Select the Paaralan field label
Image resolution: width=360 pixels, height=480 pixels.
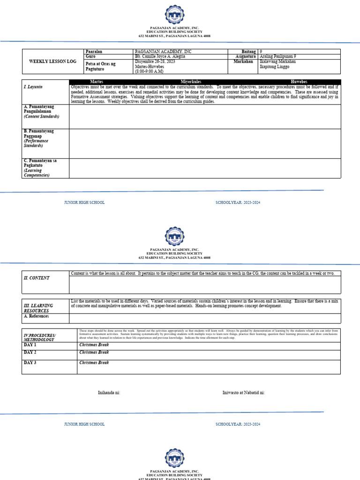tap(94, 51)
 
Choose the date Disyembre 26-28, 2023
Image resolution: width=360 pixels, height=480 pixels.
tap(155, 61)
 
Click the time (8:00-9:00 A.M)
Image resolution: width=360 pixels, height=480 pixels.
tap(149, 71)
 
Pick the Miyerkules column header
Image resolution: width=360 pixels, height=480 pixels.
tap(191, 82)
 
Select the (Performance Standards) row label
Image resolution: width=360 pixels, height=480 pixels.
tap(36, 143)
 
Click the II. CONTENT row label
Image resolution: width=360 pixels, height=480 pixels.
tap(37, 278)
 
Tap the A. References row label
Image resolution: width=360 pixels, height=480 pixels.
tap(37, 316)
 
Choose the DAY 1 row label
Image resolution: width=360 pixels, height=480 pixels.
tap(30, 345)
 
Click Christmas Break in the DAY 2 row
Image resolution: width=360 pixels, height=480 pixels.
tap(94, 352)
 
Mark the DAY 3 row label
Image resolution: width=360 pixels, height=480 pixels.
tap(30, 363)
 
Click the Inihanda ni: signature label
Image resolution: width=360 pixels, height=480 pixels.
tap(109, 393)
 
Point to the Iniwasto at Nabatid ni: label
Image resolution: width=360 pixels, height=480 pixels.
tap(243, 393)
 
